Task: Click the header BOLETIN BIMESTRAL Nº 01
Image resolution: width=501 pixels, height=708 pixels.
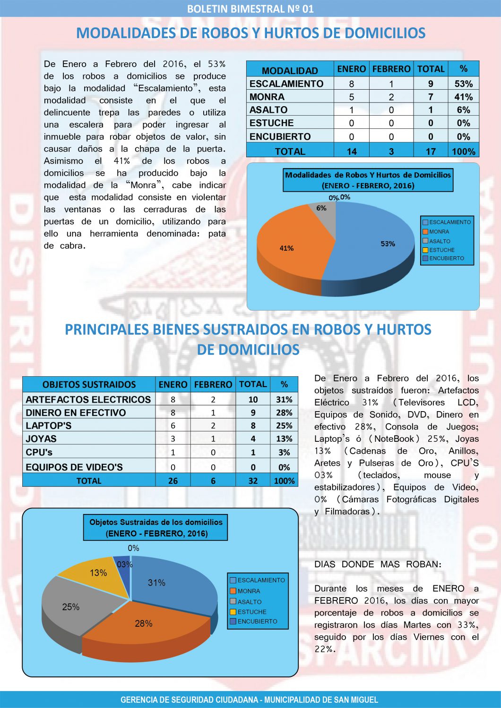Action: (250, 8)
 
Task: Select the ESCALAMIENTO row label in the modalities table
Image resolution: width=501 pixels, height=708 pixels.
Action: (286, 84)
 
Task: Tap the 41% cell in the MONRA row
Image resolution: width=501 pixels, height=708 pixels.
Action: (463, 97)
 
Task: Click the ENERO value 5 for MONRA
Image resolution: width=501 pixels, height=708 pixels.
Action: (351, 97)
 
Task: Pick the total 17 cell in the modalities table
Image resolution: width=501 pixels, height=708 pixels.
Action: (430, 152)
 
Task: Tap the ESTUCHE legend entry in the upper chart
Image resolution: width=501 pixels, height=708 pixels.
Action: (441, 250)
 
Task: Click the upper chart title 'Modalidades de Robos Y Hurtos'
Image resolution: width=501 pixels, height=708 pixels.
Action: (368, 180)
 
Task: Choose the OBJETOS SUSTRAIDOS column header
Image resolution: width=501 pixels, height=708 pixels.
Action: (89, 384)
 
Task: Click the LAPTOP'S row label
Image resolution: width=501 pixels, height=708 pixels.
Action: (49, 425)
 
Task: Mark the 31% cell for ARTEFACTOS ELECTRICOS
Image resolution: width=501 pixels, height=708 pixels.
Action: (284, 399)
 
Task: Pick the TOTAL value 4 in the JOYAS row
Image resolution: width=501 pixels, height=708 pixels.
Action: (253, 438)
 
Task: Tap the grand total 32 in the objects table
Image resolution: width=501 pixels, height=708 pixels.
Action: (253, 480)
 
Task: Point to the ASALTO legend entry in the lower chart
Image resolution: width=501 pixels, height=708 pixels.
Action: (249, 602)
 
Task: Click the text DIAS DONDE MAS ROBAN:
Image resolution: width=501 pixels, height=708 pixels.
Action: (378, 564)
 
